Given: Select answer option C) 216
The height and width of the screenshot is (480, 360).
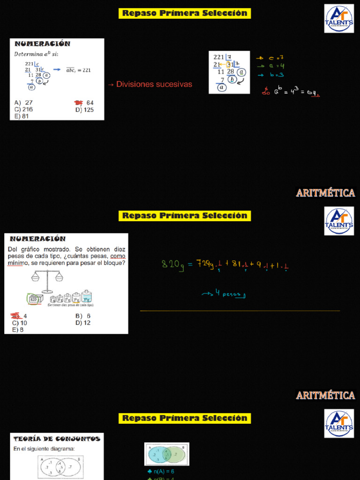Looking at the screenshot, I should (x=23, y=110).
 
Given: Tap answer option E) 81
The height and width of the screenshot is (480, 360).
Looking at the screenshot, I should (x=22, y=116).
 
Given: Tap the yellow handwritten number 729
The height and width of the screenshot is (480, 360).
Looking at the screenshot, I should (x=205, y=264).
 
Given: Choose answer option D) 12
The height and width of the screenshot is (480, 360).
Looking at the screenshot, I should (x=83, y=323).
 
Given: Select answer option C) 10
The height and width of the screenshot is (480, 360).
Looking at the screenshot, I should (x=20, y=323).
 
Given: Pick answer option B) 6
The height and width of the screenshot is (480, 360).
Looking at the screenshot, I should (x=82, y=316).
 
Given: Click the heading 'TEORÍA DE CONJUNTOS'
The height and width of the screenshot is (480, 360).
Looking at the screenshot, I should (x=57, y=439).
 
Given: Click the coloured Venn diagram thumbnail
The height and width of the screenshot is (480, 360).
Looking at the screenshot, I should (x=166, y=454).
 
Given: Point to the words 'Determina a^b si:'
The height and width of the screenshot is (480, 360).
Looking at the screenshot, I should (x=36, y=54).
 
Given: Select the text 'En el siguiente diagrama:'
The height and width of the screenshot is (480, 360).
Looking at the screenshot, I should (x=44, y=449).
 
